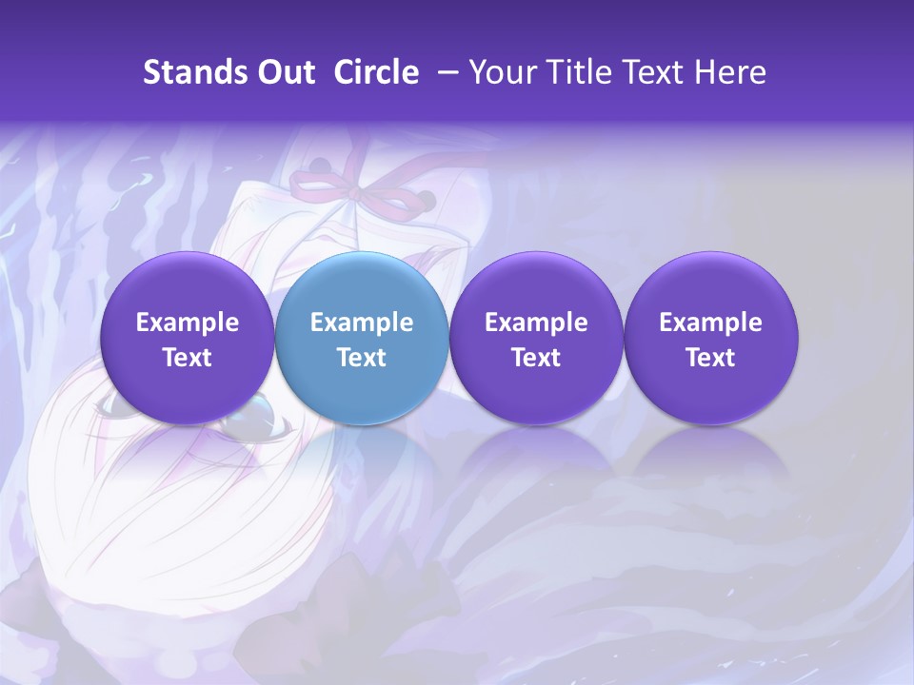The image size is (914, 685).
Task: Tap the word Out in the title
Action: (285, 72)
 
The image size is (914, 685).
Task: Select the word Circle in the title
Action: (376, 72)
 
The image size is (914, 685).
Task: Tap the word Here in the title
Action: (730, 72)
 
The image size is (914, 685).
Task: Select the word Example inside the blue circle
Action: (362, 323)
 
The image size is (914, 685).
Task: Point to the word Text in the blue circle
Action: (362, 358)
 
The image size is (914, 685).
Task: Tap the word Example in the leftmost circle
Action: (188, 323)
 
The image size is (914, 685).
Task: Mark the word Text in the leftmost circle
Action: (188, 358)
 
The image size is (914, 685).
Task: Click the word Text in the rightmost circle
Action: (711, 358)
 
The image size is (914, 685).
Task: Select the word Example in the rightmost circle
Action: (711, 323)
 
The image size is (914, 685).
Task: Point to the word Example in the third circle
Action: (536, 323)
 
